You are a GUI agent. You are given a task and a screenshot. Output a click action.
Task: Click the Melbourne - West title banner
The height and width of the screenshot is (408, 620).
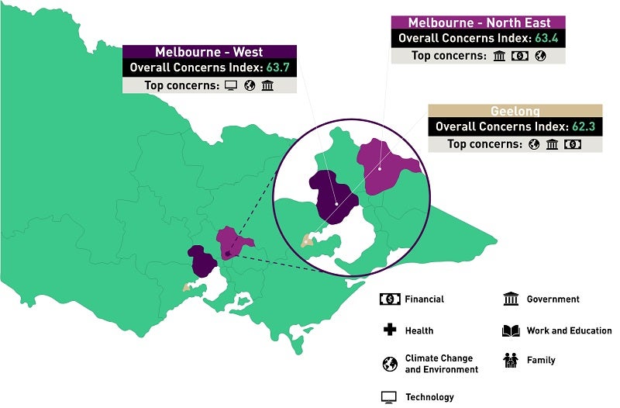(208, 52)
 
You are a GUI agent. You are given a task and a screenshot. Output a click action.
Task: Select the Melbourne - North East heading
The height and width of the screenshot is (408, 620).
(479, 22)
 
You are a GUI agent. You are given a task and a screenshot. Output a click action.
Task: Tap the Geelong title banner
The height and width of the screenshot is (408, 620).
(515, 111)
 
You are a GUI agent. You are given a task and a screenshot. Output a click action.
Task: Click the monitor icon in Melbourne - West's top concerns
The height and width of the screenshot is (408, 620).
(231, 85)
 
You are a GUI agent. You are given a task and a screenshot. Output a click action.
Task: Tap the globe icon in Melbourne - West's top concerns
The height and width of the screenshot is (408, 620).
(250, 85)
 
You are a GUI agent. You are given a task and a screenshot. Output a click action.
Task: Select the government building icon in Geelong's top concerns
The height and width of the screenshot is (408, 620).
(553, 144)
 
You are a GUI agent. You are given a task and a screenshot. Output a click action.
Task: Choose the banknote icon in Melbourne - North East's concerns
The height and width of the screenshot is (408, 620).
(519, 55)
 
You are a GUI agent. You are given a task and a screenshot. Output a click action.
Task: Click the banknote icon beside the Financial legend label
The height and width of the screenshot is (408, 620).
(390, 299)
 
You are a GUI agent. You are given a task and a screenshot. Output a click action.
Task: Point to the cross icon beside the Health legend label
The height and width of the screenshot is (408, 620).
(389, 330)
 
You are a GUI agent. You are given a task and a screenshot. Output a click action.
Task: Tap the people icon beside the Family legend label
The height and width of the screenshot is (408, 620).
(511, 360)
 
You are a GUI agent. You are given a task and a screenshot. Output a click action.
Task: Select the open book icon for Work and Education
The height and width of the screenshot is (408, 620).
(511, 330)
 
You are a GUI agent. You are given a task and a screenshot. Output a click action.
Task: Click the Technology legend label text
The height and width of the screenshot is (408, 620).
(429, 397)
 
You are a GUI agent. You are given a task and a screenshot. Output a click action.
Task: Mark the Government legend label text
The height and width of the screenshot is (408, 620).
(553, 299)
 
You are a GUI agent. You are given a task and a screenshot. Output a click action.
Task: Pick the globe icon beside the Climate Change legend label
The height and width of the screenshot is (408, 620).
(389, 364)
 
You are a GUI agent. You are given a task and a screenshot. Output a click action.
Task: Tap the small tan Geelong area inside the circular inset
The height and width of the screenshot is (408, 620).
(308, 240)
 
